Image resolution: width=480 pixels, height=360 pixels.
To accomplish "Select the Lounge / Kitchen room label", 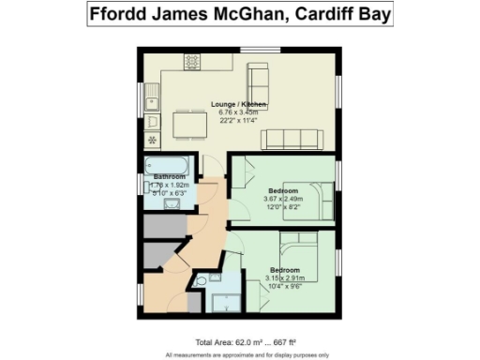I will [x=239, y=103].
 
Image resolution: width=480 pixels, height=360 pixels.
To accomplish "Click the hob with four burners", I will [x=191, y=63].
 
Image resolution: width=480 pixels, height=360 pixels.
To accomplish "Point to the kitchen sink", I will [x=155, y=97].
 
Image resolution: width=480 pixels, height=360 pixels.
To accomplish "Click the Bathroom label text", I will [x=170, y=177].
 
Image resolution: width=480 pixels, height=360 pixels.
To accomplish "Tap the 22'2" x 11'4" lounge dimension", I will [x=239, y=118].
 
